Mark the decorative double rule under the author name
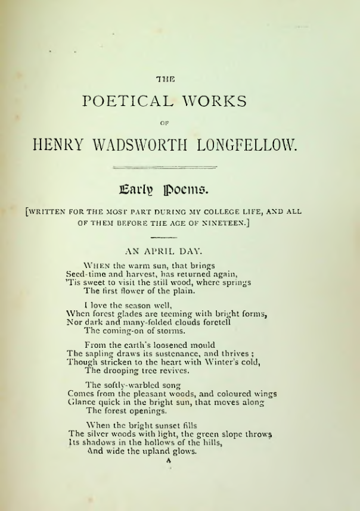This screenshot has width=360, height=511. click(x=165, y=167)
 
